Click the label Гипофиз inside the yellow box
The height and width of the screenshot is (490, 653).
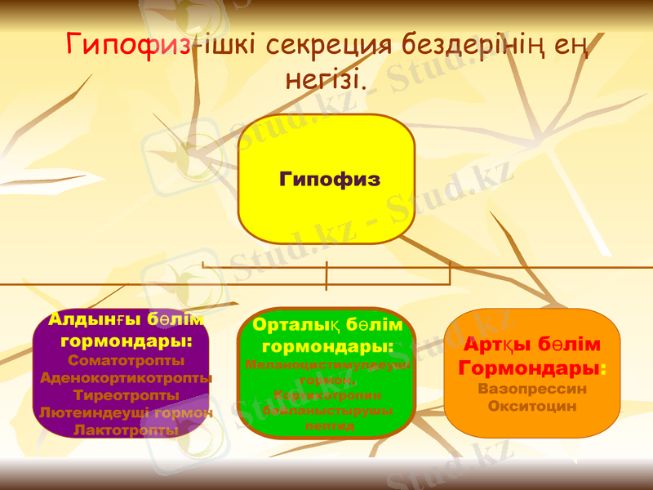tap(329, 179)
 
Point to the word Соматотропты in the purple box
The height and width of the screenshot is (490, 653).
tap(127, 359)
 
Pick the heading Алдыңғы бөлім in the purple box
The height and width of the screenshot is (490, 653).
tap(126, 318)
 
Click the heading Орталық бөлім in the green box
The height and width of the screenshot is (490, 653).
tap(327, 325)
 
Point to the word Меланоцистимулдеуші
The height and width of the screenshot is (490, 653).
tap(327, 365)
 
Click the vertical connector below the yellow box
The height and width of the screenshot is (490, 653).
tap(326, 275)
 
